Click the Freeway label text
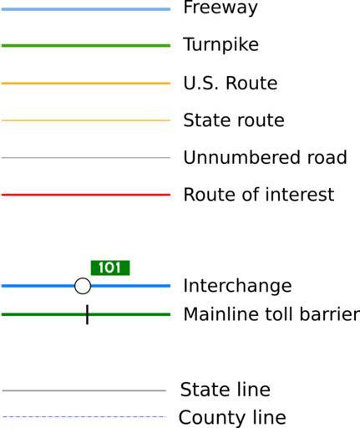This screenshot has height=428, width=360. [x=221, y=8]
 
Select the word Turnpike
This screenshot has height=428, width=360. [x=221, y=44]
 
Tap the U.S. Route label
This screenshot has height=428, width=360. [x=231, y=83]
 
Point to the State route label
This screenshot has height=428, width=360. [x=234, y=120]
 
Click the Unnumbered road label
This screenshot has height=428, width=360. [x=265, y=157]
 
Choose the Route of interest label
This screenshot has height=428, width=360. [x=259, y=194]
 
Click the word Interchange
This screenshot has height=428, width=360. [x=237, y=286]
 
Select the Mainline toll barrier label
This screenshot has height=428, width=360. [x=271, y=314]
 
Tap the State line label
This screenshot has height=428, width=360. [x=226, y=390]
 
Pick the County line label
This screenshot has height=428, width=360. [x=232, y=417]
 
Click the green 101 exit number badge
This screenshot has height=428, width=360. [x=110, y=267]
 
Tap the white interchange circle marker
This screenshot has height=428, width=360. [x=83, y=286]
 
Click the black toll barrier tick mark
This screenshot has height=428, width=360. [x=87, y=314]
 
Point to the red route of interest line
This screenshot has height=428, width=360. [x=86, y=195]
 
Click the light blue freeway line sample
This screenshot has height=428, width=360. [x=86, y=9]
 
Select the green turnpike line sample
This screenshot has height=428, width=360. [x=86, y=45]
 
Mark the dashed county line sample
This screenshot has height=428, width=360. [x=84, y=417]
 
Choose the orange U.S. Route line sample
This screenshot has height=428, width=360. [x=86, y=83]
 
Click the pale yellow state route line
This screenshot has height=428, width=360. [x=86, y=120]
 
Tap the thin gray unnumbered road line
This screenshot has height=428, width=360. [x=86, y=158]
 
